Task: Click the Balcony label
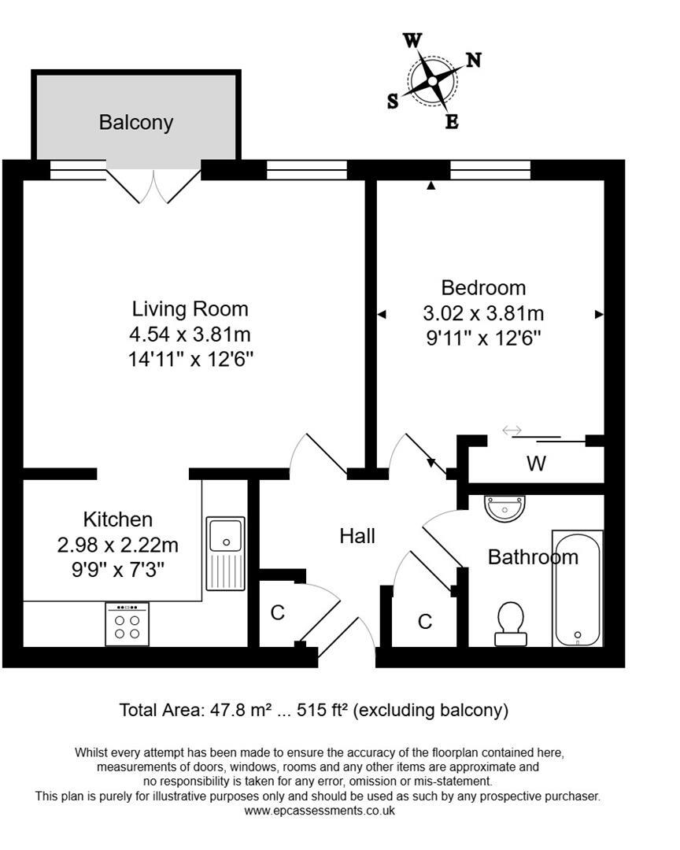135,123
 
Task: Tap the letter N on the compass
474,60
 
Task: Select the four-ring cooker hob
127,624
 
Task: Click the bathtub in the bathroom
578,588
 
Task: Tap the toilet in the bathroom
511,623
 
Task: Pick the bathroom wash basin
504,508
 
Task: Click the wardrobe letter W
536,464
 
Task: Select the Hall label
357,536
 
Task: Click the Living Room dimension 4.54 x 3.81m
190,334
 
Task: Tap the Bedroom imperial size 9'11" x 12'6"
483,338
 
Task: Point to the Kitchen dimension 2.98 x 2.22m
118,545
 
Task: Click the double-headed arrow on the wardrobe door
512,430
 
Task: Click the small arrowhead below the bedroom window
431,186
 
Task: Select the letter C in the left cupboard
277,613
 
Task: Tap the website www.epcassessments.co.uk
319,810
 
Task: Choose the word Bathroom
533,557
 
